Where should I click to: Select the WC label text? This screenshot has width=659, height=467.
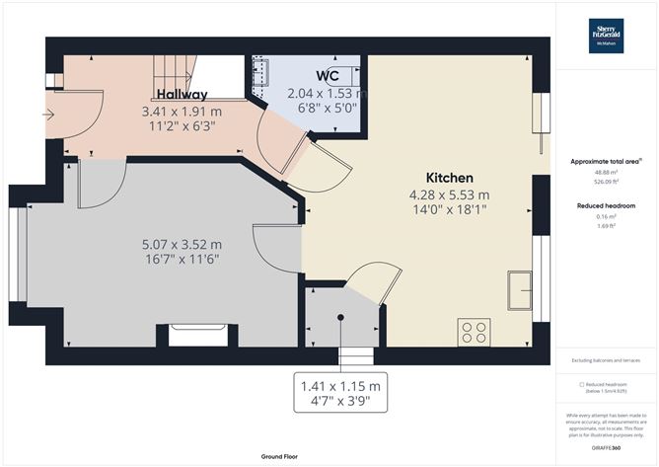329,76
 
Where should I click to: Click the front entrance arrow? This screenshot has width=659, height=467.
48,114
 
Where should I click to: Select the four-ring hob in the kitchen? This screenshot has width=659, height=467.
474,332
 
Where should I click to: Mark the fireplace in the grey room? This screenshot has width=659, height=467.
197,335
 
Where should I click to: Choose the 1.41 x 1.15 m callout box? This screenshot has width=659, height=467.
340,393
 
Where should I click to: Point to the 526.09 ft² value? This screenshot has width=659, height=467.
607,181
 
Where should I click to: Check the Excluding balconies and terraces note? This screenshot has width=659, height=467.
607,361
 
